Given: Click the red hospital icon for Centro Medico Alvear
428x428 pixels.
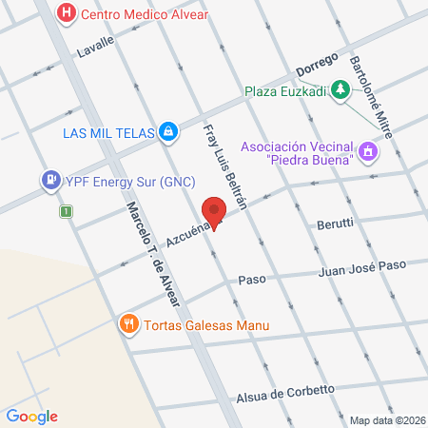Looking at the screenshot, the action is coord(67,13).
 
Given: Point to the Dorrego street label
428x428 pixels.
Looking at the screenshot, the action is coord(317,66).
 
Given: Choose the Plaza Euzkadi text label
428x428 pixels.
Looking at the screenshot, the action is coord(284,91).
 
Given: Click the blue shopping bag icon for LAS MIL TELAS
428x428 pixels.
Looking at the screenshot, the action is coord(168,131).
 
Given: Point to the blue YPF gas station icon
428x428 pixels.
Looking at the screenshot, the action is coord(48,178).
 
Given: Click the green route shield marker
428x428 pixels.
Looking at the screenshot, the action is coord(66,211).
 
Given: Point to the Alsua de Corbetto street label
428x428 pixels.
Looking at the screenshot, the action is coord(285,391).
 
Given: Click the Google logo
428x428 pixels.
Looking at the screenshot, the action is coord(31,416).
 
